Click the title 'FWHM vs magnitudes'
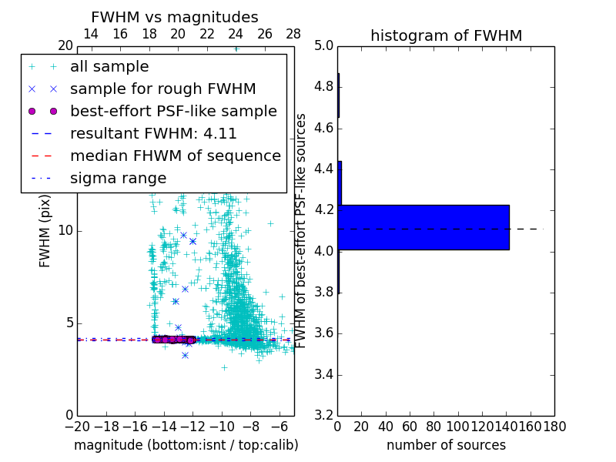(175, 18)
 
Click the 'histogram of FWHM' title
(446, 35)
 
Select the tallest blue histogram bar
(423, 227)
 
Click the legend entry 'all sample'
(109, 67)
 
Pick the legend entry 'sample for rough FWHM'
(163, 89)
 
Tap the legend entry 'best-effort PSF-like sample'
(173, 112)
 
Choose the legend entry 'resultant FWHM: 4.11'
(153, 134)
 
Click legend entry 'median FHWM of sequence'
(175, 156)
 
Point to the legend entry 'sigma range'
(118, 179)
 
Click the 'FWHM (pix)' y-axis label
(45, 230)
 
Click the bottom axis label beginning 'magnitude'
(186, 445)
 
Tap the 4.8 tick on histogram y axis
(323, 87)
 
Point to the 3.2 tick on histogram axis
(323, 416)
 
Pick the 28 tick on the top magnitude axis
(293, 35)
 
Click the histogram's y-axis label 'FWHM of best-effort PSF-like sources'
(302, 230)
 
